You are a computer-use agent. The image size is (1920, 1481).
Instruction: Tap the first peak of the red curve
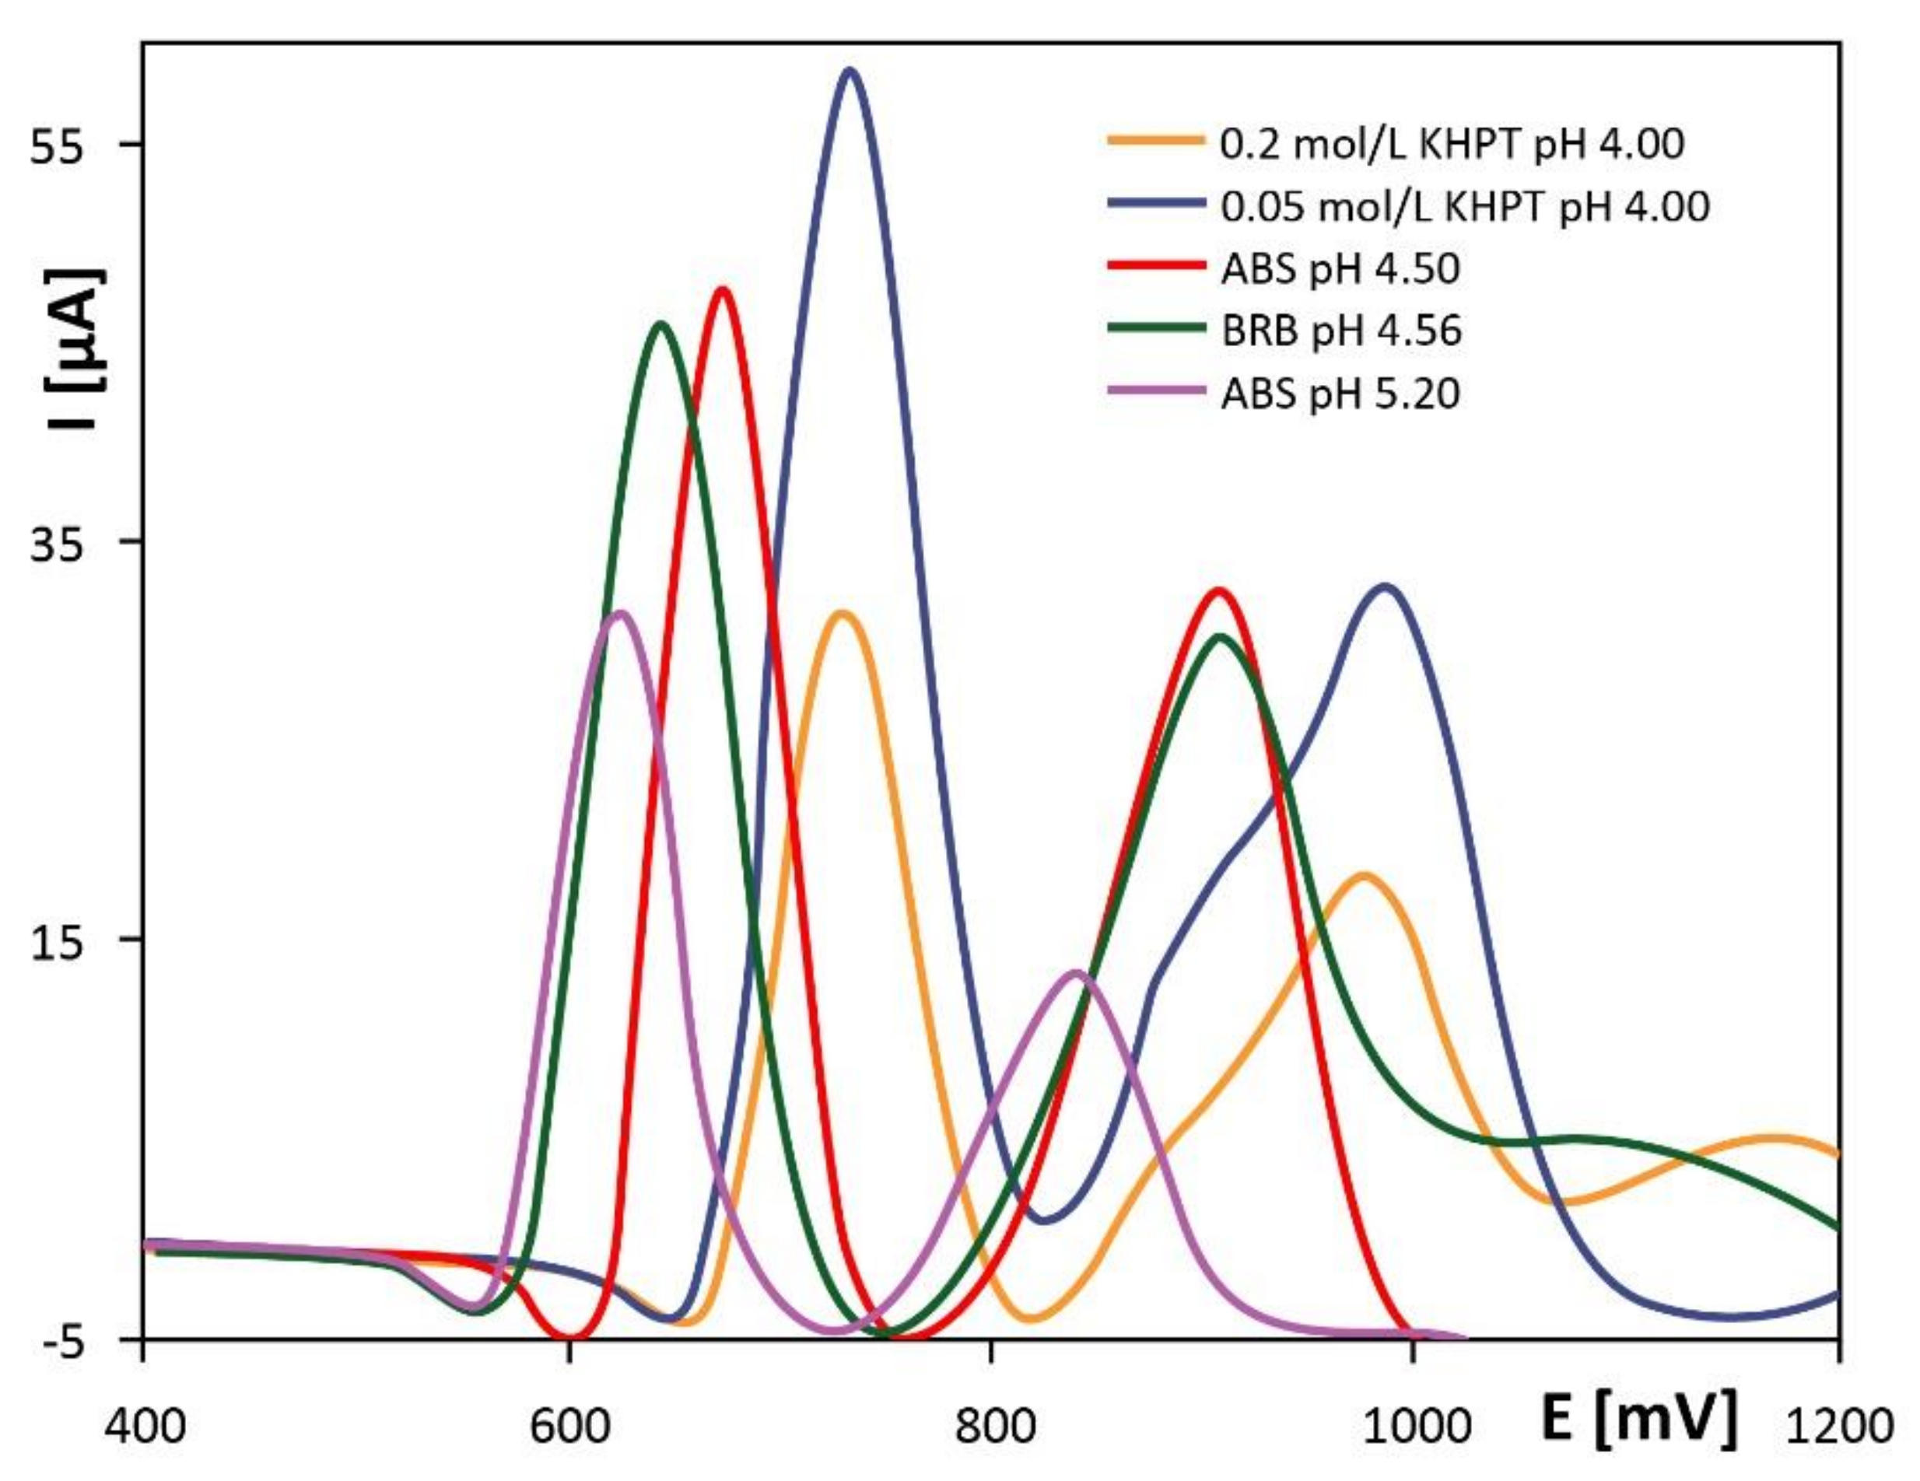(x=723, y=290)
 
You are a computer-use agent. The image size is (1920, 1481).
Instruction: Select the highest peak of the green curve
(x=661, y=324)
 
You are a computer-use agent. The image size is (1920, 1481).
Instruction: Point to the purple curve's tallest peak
(x=621, y=614)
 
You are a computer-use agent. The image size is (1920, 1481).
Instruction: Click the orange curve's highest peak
(x=843, y=614)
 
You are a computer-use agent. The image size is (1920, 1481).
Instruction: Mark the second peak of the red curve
(x=1218, y=590)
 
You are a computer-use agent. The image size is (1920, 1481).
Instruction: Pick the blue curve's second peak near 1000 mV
(x=1386, y=586)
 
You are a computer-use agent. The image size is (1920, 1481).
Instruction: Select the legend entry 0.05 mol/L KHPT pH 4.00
(x=1465, y=208)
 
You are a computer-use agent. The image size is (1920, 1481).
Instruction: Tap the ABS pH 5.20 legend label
(x=1340, y=394)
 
